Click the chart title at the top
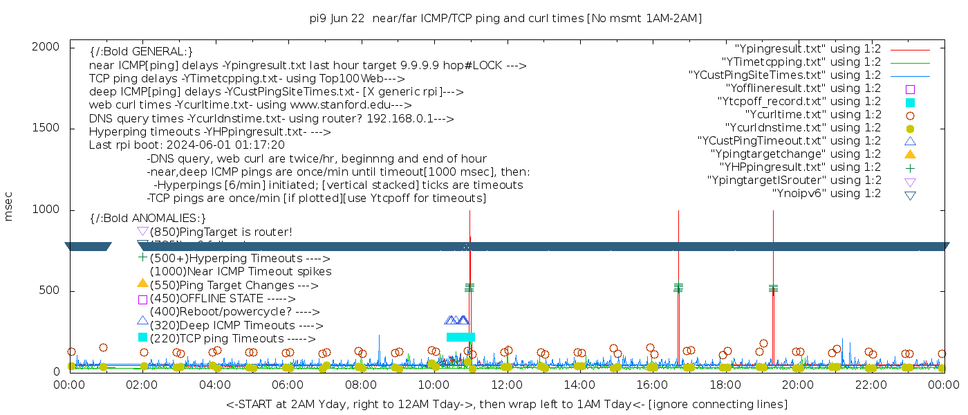coord(506,19)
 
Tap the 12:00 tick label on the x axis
coord(507,385)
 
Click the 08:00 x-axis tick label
coord(361,385)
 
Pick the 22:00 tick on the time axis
coord(871,385)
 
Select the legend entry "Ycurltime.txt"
coord(812,115)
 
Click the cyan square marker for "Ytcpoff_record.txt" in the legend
coord(910,102)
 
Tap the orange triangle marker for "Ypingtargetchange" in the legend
coord(910,154)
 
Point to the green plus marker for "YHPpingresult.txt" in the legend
coord(910,167)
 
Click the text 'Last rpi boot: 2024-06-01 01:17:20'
coord(187,145)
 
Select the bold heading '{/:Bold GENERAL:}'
coord(141,52)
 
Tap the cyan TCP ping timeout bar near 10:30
coord(460,337)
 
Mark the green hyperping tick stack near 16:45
coord(678,287)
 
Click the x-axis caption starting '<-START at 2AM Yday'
coord(506,404)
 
